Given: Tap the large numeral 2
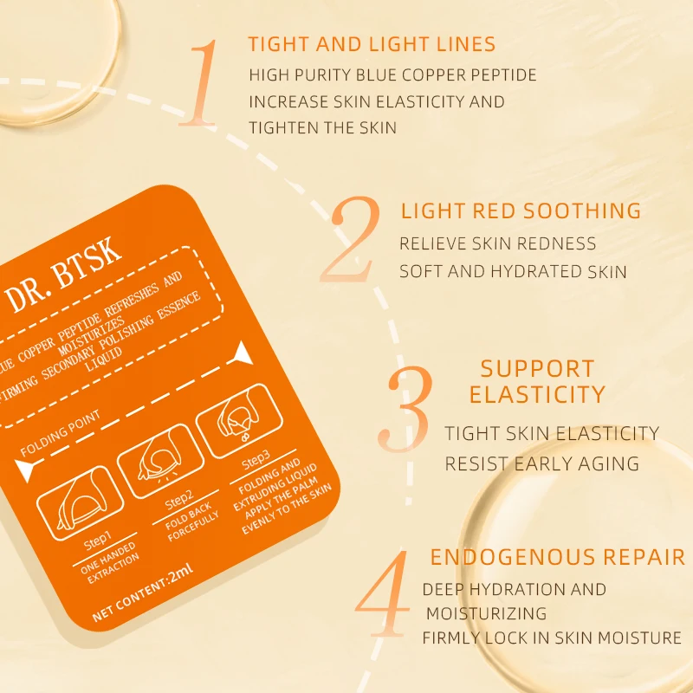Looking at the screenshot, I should [350, 240].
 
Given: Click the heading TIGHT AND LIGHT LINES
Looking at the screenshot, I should [372, 44].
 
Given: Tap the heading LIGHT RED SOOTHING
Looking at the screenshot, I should [521, 210].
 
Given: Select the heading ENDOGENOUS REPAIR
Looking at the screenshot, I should [558, 556].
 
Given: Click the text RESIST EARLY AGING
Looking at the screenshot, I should [541, 463].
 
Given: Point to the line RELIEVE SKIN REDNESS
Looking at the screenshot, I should [497, 243].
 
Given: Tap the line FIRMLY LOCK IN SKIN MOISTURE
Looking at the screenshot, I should [552, 638].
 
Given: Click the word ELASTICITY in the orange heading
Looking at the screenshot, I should [537, 395].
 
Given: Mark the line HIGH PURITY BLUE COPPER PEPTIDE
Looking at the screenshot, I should [392, 74].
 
